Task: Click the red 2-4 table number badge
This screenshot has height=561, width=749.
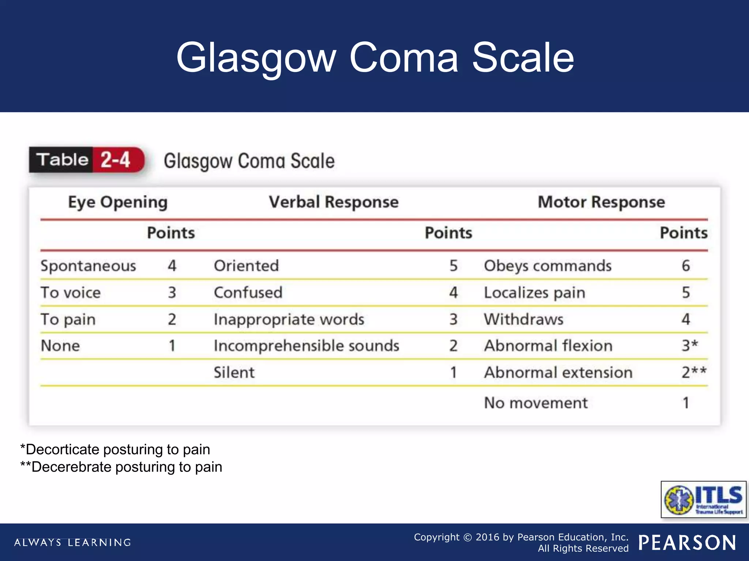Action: click(x=116, y=160)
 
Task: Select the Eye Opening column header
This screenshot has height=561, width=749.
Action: click(x=118, y=202)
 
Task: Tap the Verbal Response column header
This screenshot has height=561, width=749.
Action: click(x=334, y=202)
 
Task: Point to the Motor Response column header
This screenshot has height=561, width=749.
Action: click(x=601, y=202)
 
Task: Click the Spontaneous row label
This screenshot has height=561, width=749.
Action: click(x=88, y=266)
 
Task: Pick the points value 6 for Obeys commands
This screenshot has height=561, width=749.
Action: click(x=686, y=266)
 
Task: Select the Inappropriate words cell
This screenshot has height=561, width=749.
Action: click(x=289, y=320)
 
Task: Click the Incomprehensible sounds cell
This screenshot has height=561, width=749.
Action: click(x=306, y=346)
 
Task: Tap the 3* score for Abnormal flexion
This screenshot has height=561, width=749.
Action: click(x=690, y=346)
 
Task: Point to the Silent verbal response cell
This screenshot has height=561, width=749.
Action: click(x=234, y=373)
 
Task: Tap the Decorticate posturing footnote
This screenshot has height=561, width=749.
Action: click(x=115, y=450)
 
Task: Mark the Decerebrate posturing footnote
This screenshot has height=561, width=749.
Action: click(x=121, y=467)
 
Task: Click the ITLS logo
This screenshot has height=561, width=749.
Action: click(x=703, y=499)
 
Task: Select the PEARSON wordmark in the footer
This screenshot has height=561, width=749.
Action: click(x=687, y=543)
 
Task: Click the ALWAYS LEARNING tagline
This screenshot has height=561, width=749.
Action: click(x=72, y=543)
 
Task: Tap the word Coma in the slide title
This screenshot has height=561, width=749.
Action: click(x=404, y=58)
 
